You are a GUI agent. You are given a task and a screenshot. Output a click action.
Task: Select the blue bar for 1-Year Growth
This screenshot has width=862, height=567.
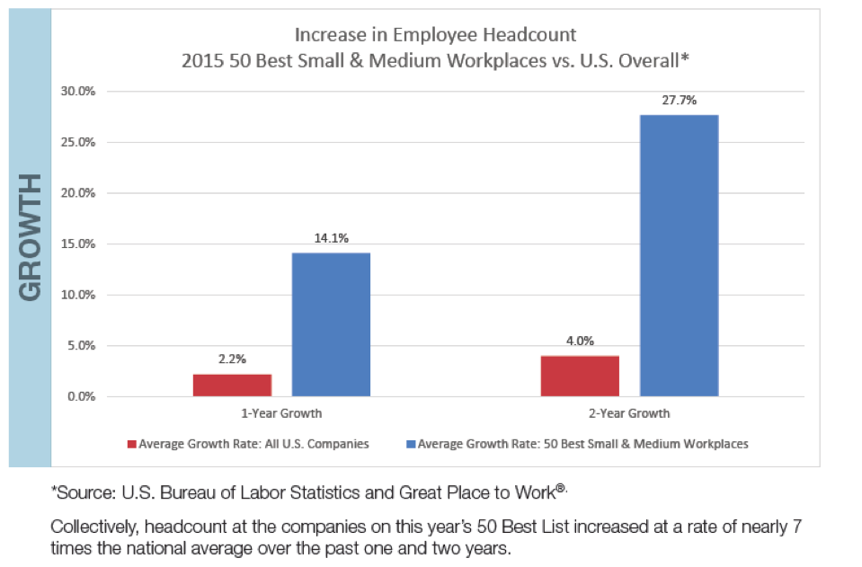tap(331, 324)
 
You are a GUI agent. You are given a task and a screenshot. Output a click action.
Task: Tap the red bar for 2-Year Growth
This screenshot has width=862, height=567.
tap(580, 376)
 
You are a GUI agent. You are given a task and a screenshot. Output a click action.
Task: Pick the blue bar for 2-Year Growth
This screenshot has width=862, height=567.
tap(679, 255)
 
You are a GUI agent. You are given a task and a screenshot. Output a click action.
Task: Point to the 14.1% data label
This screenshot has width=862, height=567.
tap(331, 238)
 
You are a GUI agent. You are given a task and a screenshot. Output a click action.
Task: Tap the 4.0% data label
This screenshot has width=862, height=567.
tap(580, 341)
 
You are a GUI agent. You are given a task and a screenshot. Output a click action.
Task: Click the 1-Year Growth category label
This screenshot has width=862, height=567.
tap(281, 414)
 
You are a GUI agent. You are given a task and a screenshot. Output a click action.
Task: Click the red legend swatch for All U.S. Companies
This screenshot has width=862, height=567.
tap(131, 444)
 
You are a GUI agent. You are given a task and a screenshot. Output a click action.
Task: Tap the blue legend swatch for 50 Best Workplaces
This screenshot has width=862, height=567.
tap(411, 444)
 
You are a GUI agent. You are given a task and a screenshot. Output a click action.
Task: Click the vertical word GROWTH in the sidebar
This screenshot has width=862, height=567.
tap(30, 238)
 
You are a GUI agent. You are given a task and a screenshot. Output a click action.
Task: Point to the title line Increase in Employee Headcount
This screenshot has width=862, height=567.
tap(435, 36)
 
